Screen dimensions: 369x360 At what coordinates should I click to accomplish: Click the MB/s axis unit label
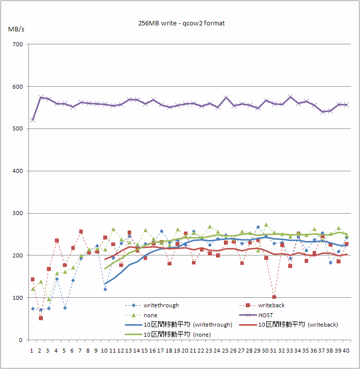[16, 29]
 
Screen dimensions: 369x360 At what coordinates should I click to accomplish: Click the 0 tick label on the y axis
[20, 340]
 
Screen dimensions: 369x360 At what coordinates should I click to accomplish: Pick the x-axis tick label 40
[347, 351]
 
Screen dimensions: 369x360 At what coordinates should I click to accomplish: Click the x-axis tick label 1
[32, 351]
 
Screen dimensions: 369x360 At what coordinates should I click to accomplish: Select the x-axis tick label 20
[185, 351]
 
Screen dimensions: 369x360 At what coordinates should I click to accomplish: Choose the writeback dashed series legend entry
[270, 305]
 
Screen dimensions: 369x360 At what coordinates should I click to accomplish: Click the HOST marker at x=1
[33, 120]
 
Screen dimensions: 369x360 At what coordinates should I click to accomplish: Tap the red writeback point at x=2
[41, 318]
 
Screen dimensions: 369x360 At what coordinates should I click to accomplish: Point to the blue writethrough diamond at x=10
[105, 289]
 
